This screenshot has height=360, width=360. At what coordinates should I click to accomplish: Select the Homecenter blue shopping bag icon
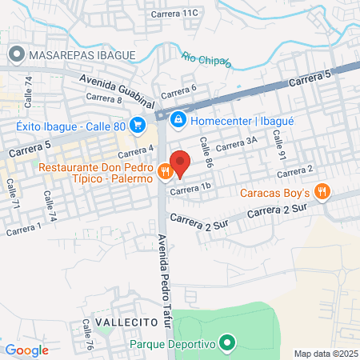point(178,120)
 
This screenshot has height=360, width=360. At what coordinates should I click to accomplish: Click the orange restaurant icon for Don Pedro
point(165,170)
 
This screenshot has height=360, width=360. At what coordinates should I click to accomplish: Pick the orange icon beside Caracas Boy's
point(322,190)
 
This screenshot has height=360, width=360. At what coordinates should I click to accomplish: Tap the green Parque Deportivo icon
point(226,344)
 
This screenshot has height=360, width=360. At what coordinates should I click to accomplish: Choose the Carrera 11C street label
point(178,13)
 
